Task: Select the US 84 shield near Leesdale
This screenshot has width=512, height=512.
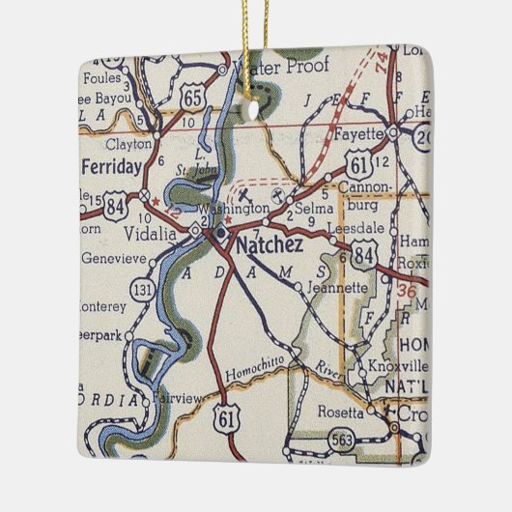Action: (364, 255)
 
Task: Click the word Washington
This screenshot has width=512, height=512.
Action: (233, 209)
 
